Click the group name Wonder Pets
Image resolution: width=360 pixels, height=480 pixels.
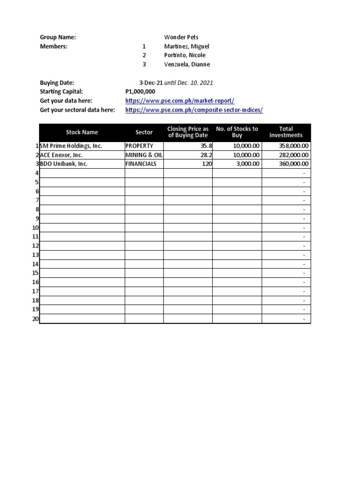pyautogui.click(x=181, y=37)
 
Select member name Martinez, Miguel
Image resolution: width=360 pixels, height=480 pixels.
pyautogui.click(x=187, y=46)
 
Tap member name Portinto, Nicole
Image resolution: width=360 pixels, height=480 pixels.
pyautogui.click(x=185, y=55)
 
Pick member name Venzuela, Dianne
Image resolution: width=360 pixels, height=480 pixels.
pyautogui.click(x=187, y=64)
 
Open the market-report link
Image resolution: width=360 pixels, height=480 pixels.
pyautogui.click(x=180, y=101)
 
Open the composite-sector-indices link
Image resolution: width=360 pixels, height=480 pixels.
pyautogui.click(x=194, y=110)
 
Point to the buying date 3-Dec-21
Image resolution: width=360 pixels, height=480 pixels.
pyautogui.click(x=148, y=82)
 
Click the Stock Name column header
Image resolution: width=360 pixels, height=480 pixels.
pyautogui.click(x=82, y=133)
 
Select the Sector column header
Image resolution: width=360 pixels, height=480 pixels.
pyautogui.click(x=144, y=133)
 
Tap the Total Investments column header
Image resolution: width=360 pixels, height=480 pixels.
pyautogui.click(x=286, y=132)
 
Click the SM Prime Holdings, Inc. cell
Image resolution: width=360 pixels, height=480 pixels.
pyautogui.click(x=71, y=146)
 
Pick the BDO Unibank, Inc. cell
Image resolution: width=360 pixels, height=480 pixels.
pyautogui.click(x=64, y=164)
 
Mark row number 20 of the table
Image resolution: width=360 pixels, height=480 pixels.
pyautogui.click(x=36, y=319)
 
